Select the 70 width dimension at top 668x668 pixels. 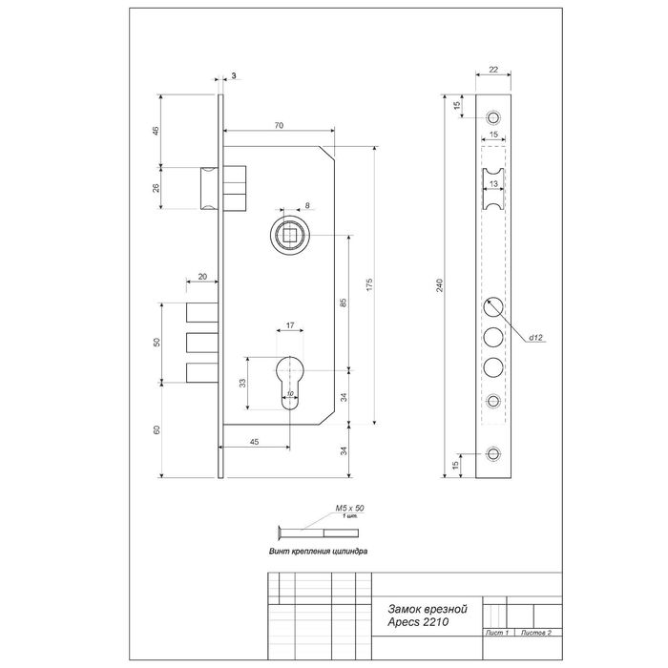click(x=278, y=124)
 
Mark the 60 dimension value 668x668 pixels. click(x=157, y=429)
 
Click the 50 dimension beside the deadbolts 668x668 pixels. click(x=157, y=341)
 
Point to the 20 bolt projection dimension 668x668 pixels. click(x=202, y=276)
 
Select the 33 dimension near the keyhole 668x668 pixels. click(x=242, y=384)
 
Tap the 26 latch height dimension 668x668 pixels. click(x=157, y=187)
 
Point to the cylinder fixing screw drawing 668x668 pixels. click(x=305, y=532)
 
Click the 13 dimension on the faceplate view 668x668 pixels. click(x=493, y=181)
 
